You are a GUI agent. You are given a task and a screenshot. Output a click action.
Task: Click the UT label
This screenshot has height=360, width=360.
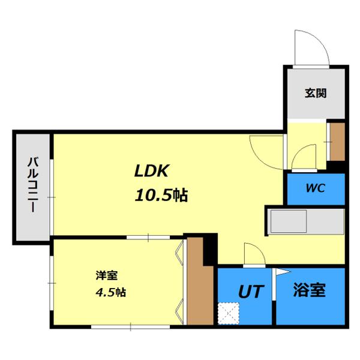(251, 292)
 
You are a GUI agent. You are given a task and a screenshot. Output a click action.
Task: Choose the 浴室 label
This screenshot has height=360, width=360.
(309, 291)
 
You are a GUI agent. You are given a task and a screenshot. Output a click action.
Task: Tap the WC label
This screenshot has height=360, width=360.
(315, 188)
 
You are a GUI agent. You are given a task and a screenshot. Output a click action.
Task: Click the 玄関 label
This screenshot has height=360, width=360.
(315, 94)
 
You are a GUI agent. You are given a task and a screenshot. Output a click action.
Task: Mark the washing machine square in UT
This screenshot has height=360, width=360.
(228, 313)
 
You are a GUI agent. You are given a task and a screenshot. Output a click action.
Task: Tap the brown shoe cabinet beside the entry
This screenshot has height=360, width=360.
(337, 142)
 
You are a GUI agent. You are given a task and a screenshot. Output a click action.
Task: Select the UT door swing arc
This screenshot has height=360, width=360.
(251, 254)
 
